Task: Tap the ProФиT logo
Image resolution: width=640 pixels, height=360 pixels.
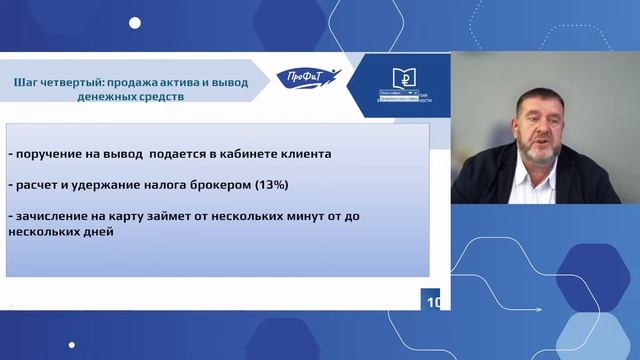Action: (x=309, y=78)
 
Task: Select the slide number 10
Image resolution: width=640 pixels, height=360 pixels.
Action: (x=434, y=302)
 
